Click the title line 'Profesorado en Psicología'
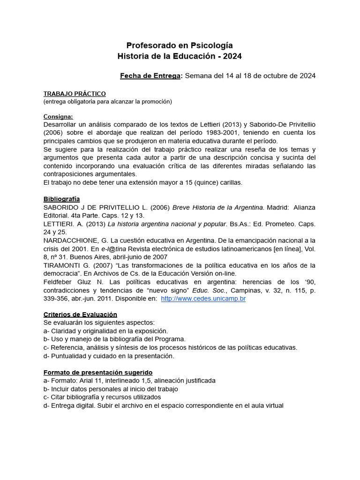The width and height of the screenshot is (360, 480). pos(180,45)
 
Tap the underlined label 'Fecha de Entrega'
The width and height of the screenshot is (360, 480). pos(150,75)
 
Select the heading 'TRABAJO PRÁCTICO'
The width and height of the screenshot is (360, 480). pos(75,94)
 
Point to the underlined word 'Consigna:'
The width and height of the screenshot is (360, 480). pos(59,116)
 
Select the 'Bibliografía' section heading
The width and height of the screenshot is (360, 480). pos(61,199)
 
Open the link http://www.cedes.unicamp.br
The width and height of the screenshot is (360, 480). pos(203,299)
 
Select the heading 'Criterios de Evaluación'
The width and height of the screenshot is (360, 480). pos(80,315)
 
